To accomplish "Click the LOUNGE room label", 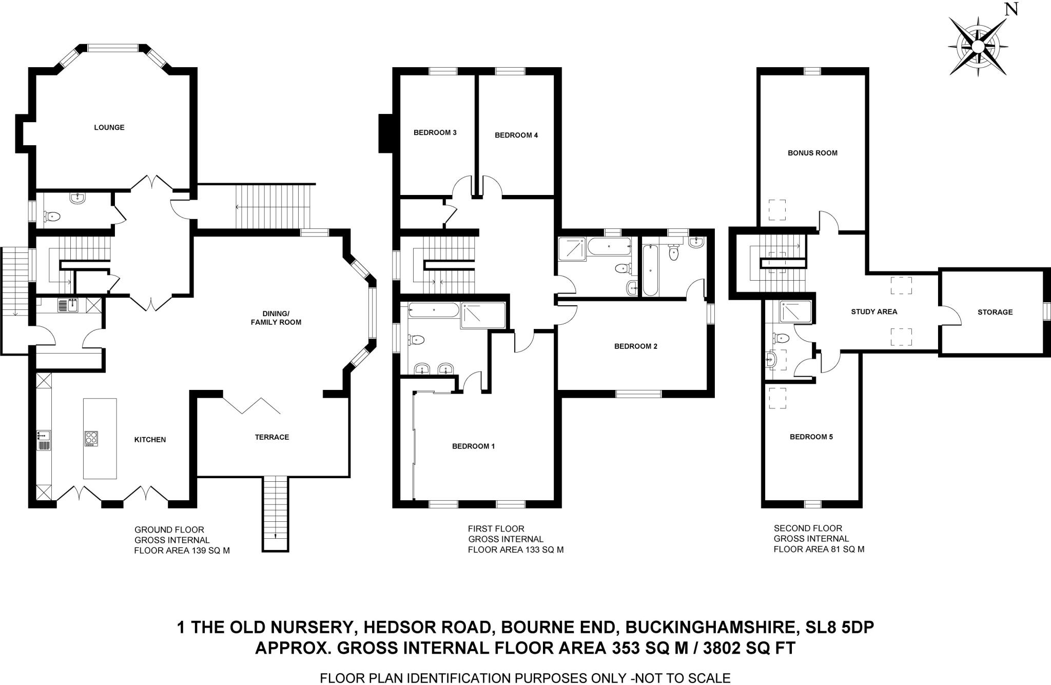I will coord(109,127).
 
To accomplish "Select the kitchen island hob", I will coord(92,438).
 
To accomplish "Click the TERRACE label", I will coord(272,437).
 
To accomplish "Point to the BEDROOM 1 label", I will coord(473,446).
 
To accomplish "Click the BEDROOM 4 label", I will coord(516,135).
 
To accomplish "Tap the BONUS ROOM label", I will coord(812,153).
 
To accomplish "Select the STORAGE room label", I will coord(995,312).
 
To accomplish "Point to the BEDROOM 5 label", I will coord(811,437).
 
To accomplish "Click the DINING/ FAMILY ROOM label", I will coord(276,318).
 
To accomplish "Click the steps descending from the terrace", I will coord(276,513).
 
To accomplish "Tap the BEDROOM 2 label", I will coord(635,346).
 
